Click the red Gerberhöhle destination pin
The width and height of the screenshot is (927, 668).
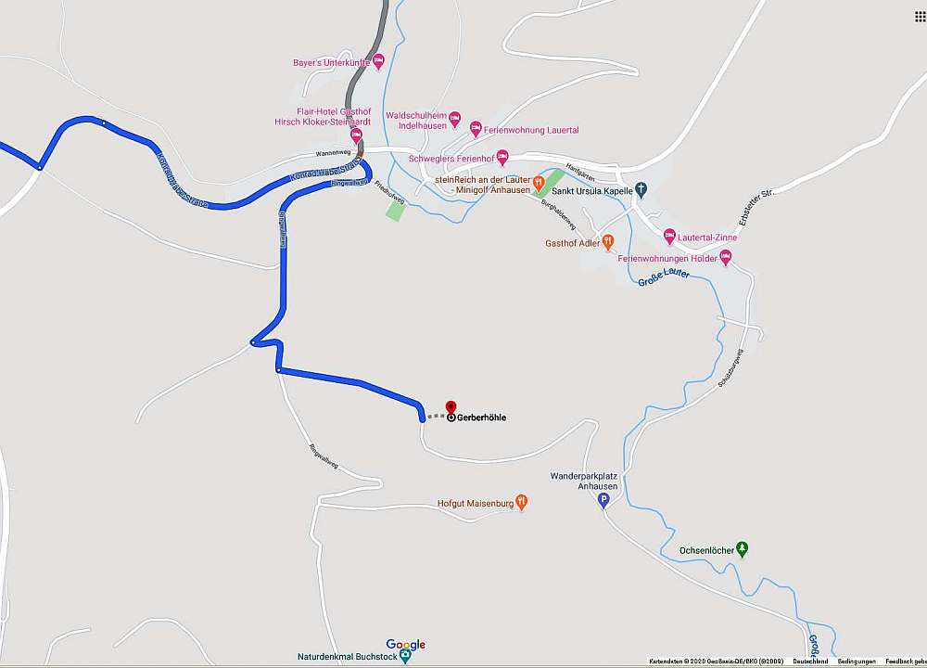tap(451, 406)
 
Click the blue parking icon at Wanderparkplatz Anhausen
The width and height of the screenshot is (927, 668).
tap(603, 501)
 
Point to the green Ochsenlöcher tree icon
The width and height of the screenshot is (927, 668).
tap(742, 550)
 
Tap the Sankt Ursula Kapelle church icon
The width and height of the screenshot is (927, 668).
tap(641, 191)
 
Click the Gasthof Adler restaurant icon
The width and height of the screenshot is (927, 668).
tap(608, 242)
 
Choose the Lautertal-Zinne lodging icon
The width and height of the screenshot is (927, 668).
tap(669, 237)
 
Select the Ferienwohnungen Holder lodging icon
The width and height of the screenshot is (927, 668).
tap(725, 257)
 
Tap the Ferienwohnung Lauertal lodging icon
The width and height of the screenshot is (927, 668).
tap(476, 128)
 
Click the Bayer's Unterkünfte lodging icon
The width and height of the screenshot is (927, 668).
tap(378, 62)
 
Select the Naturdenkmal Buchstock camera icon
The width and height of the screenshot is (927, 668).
tap(392, 656)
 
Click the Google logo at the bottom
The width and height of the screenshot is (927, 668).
tap(405, 644)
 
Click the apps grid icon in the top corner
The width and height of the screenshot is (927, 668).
tap(920, 17)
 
